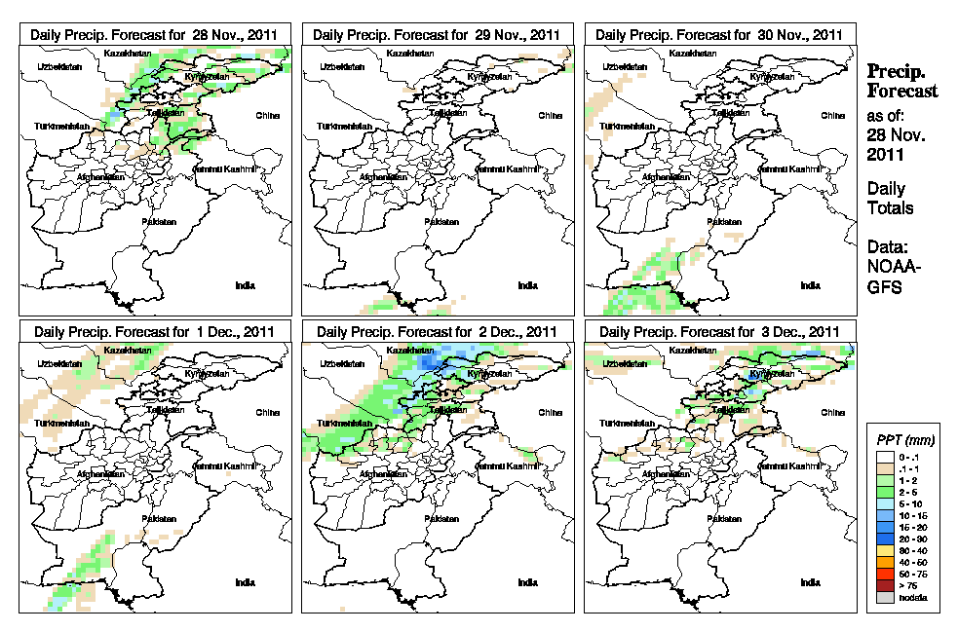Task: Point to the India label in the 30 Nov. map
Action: click(810, 285)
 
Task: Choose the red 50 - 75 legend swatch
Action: click(883, 575)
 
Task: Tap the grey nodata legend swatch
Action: click(883, 597)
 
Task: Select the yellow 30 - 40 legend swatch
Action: click(883, 552)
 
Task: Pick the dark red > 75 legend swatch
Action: click(883, 585)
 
